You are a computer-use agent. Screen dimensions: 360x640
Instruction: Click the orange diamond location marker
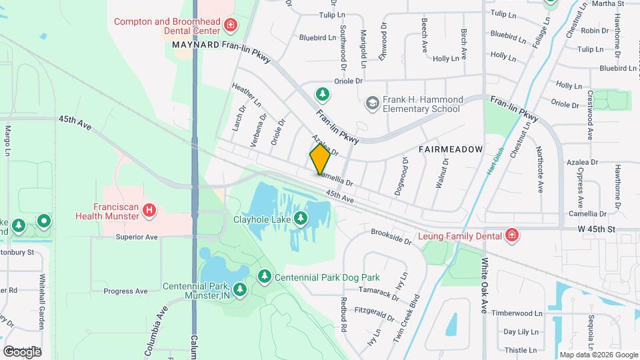320,159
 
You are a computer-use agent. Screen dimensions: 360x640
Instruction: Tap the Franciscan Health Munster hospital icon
150,211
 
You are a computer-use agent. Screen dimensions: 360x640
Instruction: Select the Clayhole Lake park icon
301,218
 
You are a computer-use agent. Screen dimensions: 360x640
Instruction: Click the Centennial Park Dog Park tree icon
265,276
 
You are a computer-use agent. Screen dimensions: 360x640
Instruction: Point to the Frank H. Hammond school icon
372,103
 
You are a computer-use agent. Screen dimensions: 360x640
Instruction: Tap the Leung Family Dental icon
511,235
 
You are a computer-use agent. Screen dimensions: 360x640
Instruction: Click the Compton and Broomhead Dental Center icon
230,26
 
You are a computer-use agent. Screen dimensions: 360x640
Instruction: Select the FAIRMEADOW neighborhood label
450,150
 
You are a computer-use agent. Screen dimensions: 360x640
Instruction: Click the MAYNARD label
196,45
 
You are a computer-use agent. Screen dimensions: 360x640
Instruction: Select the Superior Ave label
136,237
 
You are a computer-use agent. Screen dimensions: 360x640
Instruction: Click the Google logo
22,351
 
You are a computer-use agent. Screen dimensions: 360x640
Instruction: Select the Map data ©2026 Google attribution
598,355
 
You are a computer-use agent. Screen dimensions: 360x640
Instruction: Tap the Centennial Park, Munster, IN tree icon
239,289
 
